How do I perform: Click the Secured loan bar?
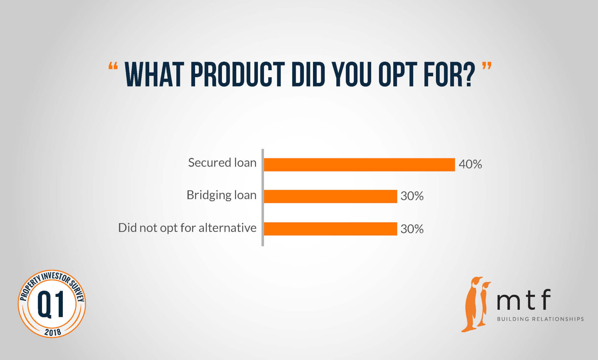359,165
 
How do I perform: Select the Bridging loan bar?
330,196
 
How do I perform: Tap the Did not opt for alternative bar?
330,229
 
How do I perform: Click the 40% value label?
470,164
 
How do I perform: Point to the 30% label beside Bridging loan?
412,196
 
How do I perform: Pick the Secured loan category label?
222,162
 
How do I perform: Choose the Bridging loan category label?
221,195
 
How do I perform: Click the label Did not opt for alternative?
187,228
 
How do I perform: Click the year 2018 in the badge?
53,332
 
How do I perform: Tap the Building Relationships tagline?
540,319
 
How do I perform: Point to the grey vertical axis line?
263,198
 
